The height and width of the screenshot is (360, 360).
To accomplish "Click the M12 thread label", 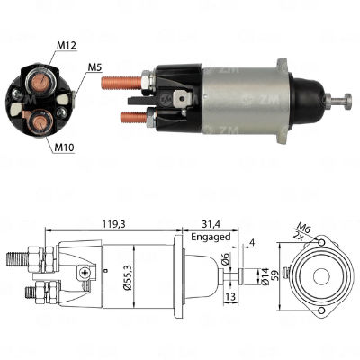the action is click(67, 45).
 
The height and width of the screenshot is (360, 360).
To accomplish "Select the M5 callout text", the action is click(94, 67).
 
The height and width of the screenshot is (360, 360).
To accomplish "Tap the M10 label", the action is click(65, 148).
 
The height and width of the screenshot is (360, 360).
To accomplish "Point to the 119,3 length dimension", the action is click(113, 224).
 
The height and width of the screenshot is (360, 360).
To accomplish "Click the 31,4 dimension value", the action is click(211, 224).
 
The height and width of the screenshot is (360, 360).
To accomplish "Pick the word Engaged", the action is click(211, 237).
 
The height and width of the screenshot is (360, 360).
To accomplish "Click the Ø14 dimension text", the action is click(265, 276).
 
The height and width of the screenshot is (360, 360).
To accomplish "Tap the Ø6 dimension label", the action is click(226, 258).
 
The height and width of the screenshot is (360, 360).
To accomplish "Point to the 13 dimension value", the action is click(230, 297).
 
